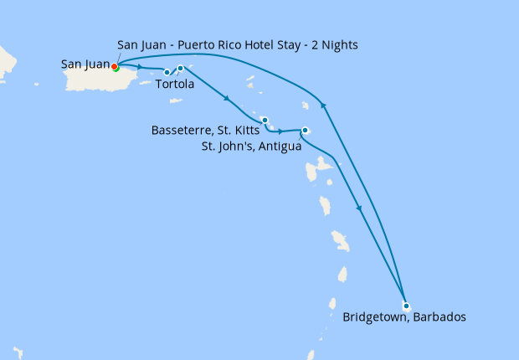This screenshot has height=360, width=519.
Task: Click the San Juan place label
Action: pyautogui.click(x=85, y=64)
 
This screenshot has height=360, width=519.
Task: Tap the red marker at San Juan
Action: pyautogui.click(x=114, y=67)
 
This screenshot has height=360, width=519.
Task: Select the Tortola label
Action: pyautogui.click(x=175, y=85)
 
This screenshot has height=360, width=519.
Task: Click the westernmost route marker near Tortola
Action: pyautogui.click(x=167, y=72)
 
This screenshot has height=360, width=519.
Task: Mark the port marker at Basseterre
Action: pyautogui.click(x=264, y=120)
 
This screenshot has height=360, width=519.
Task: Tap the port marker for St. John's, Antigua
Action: pyautogui.click(x=306, y=130)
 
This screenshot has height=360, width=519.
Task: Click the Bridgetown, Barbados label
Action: pyautogui.click(x=403, y=317)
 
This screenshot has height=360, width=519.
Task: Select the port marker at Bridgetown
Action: pyautogui.click(x=406, y=306)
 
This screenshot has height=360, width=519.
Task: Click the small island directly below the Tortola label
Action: pyautogui.click(x=176, y=100)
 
